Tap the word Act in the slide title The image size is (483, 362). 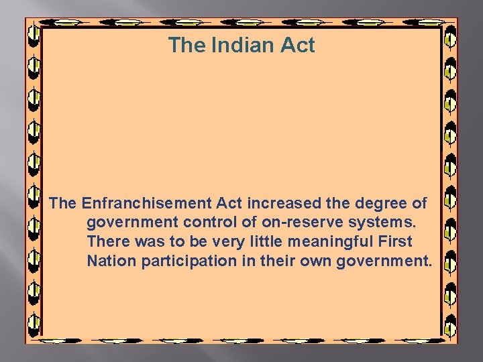297,46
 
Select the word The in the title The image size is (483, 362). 187,46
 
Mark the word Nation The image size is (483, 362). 111,261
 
